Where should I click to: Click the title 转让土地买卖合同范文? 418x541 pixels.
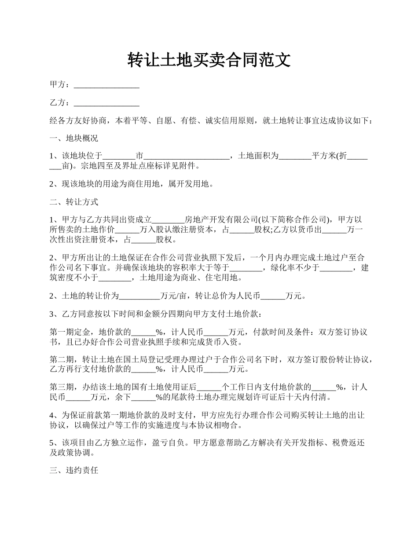click(209, 60)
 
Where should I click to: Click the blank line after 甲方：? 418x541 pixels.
click(106, 85)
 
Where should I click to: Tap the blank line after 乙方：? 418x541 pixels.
click(106, 103)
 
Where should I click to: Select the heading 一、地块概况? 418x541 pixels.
click(73, 138)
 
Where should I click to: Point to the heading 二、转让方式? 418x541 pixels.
click(73, 202)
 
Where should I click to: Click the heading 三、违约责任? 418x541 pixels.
click(73, 471)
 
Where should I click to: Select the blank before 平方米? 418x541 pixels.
click(295, 157)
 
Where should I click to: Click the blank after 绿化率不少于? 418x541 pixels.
click(336, 268)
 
